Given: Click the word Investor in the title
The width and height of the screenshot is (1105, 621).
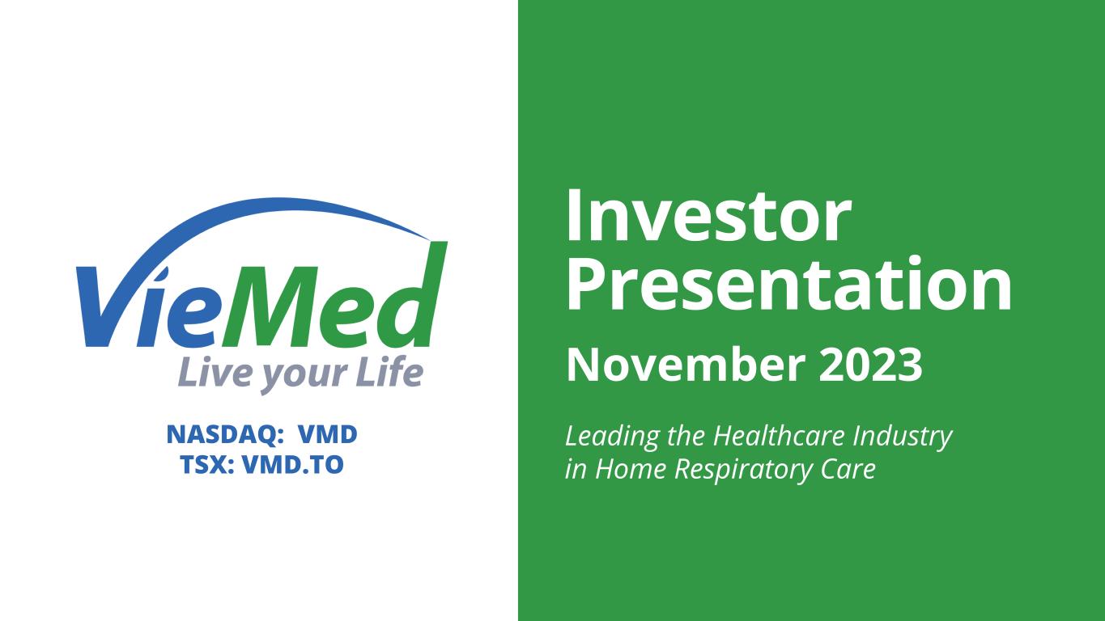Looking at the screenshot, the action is point(709,217).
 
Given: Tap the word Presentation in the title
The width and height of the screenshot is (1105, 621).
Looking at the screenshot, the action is point(788,285).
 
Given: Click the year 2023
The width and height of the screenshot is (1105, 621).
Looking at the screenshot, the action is point(871,365).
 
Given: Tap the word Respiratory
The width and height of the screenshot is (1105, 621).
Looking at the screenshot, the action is point(743,470).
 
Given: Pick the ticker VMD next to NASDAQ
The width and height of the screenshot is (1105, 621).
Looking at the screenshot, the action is point(328,434).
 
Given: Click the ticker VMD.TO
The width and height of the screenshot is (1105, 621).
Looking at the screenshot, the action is point(293,465).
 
